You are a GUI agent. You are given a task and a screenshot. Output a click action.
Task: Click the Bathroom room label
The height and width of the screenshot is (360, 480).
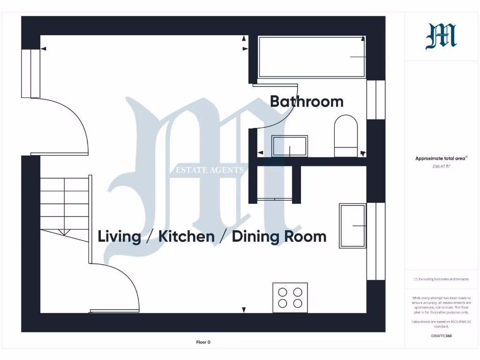[x=307, y=102]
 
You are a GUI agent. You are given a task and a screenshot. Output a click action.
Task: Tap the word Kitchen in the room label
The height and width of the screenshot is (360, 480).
[x=187, y=236]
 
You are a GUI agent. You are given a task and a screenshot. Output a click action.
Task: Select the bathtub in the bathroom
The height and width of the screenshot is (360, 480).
[x=311, y=57]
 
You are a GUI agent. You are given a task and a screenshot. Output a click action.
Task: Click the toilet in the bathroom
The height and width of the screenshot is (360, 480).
[x=345, y=136]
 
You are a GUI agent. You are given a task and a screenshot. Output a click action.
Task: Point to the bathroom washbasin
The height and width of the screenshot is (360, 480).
[x=290, y=146]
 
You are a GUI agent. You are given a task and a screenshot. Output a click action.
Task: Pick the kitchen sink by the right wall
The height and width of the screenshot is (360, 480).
[x=352, y=225]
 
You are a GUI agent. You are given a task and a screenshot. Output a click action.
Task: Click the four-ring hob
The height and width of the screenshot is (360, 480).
[x=290, y=298]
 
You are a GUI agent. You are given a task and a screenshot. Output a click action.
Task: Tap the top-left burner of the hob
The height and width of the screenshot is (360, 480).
[x=283, y=292]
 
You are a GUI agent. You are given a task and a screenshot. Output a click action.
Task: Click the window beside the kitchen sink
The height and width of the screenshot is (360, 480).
[x=376, y=241]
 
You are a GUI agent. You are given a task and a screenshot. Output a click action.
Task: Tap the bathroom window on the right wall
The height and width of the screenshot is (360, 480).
[x=376, y=100]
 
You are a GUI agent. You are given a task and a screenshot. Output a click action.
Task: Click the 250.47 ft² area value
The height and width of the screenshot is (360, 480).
[x=441, y=166]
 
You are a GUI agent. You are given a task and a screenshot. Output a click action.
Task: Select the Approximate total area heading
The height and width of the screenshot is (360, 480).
[x=441, y=158]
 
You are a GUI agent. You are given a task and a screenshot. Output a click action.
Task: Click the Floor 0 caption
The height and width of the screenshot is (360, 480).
[x=203, y=342]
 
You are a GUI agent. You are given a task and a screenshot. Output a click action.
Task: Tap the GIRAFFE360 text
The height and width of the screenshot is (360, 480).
[x=441, y=336]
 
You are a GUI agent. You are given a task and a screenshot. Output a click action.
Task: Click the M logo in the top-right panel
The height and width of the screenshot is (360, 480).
[x=441, y=37]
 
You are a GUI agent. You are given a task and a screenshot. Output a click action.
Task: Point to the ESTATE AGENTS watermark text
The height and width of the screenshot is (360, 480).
[x=210, y=170]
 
